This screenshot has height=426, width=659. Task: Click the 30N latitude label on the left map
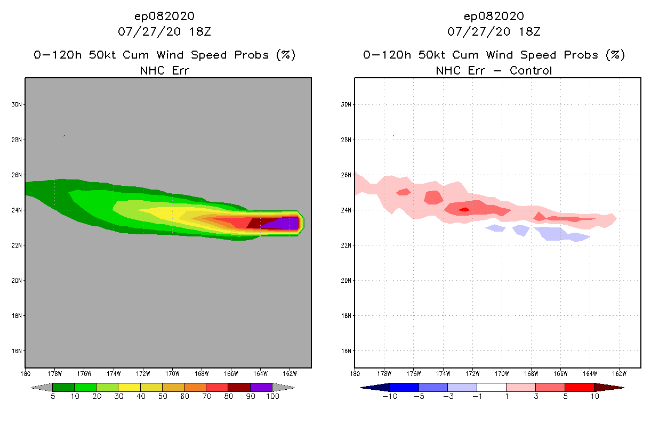click(16, 104)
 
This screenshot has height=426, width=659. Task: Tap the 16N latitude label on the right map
click(345, 351)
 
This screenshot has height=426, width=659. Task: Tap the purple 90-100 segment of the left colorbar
click(261, 387)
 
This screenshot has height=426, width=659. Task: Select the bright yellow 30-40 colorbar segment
click(129, 387)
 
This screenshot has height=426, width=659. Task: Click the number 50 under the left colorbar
click(162, 396)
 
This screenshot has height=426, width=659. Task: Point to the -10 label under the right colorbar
click(389, 396)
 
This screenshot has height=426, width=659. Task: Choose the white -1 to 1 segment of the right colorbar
click(492, 387)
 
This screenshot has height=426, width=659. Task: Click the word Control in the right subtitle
click(531, 70)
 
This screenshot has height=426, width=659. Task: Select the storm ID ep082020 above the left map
click(164, 16)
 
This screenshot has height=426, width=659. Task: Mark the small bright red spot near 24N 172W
click(464, 209)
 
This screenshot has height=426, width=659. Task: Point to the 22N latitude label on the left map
click(16, 245)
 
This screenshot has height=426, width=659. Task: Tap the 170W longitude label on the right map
click(502, 373)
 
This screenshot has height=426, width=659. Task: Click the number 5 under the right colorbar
click(565, 396)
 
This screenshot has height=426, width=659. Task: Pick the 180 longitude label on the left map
click(25, 373)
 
